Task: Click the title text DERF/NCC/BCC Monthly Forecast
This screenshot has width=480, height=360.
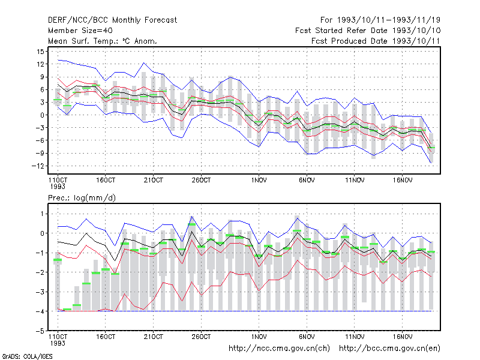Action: tap(112, 20)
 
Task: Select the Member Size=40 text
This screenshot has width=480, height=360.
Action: tap(80, 31)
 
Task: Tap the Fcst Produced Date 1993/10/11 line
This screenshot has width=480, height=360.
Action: tap(376, 41)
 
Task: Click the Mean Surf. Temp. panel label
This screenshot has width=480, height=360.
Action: tap(102, 41)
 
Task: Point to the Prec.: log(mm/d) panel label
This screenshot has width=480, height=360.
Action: tap(82, 198)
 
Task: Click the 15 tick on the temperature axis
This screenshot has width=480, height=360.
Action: tap(40, 52)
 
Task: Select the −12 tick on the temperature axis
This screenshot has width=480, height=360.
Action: tap(38, 166)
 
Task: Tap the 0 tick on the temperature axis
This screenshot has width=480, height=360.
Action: tap(43, 115)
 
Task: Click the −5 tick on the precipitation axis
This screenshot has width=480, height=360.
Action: tap(40, 331)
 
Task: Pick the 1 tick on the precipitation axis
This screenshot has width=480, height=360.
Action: tap(42, 214)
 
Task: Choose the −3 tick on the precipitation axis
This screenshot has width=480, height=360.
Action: tap(40, 292)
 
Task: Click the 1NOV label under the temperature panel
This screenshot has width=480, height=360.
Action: tap(259, 181)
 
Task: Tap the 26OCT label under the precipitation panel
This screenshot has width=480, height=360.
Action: tap(201, 337)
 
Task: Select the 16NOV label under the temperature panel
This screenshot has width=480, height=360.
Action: tap(403, 181)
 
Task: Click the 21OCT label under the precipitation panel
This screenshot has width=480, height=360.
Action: tap(154, 337)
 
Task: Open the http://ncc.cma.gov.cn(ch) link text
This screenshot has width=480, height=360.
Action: tap(279, 349)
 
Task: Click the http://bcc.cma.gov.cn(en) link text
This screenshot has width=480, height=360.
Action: tap(389, 349)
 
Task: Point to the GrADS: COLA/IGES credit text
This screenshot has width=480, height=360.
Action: tap(27, 356)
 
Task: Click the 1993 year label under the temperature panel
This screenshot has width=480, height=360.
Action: tap(58, 187)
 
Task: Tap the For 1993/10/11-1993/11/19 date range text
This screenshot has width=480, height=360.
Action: tap(380, 20)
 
